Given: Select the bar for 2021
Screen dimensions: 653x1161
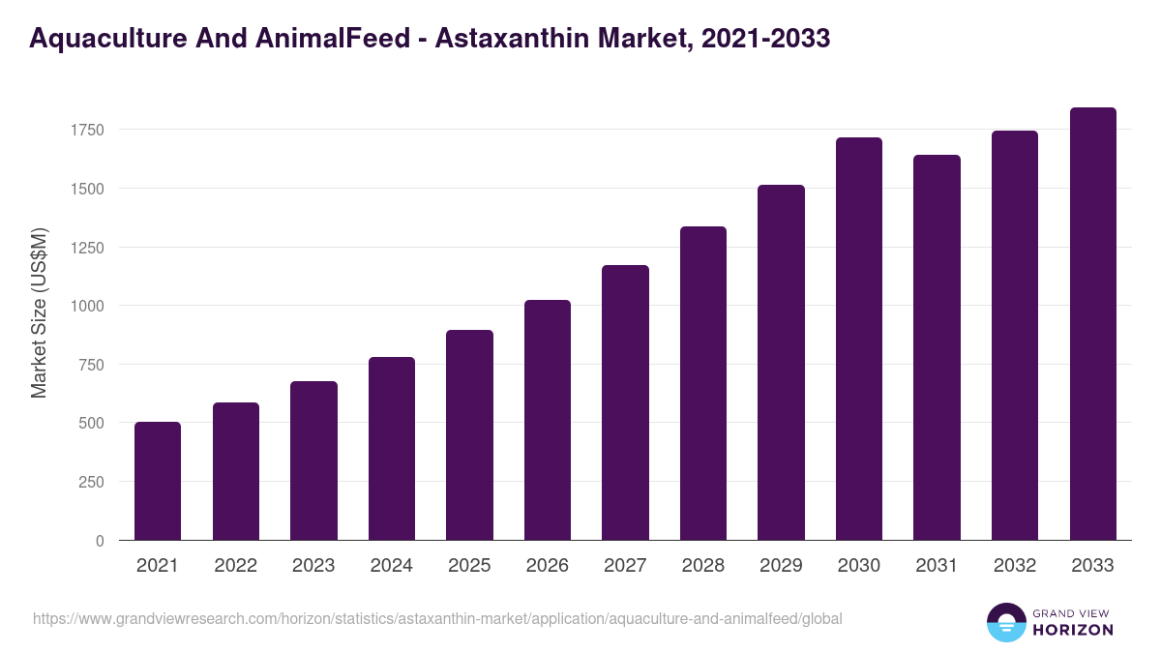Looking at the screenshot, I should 158,481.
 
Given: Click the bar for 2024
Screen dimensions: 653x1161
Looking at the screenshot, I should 392,449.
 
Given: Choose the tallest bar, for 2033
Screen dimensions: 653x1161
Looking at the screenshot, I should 1092,324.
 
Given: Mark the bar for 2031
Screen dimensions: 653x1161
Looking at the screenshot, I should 937,347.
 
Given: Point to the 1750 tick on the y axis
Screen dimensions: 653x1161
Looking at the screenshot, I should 87,130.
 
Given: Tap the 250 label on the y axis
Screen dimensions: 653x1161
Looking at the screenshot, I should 91,482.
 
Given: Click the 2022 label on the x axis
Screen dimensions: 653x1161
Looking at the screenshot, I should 235,566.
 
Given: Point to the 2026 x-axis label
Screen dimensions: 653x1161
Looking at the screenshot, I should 548,566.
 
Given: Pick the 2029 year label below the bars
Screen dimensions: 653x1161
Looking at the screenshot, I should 781,566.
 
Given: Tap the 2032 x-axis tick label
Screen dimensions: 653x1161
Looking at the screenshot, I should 1015,566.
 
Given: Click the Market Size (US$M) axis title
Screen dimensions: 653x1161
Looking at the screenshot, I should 39,312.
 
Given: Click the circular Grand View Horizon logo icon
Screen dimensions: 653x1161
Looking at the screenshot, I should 1005,622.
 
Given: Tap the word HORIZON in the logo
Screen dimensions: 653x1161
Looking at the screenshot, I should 1073,630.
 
